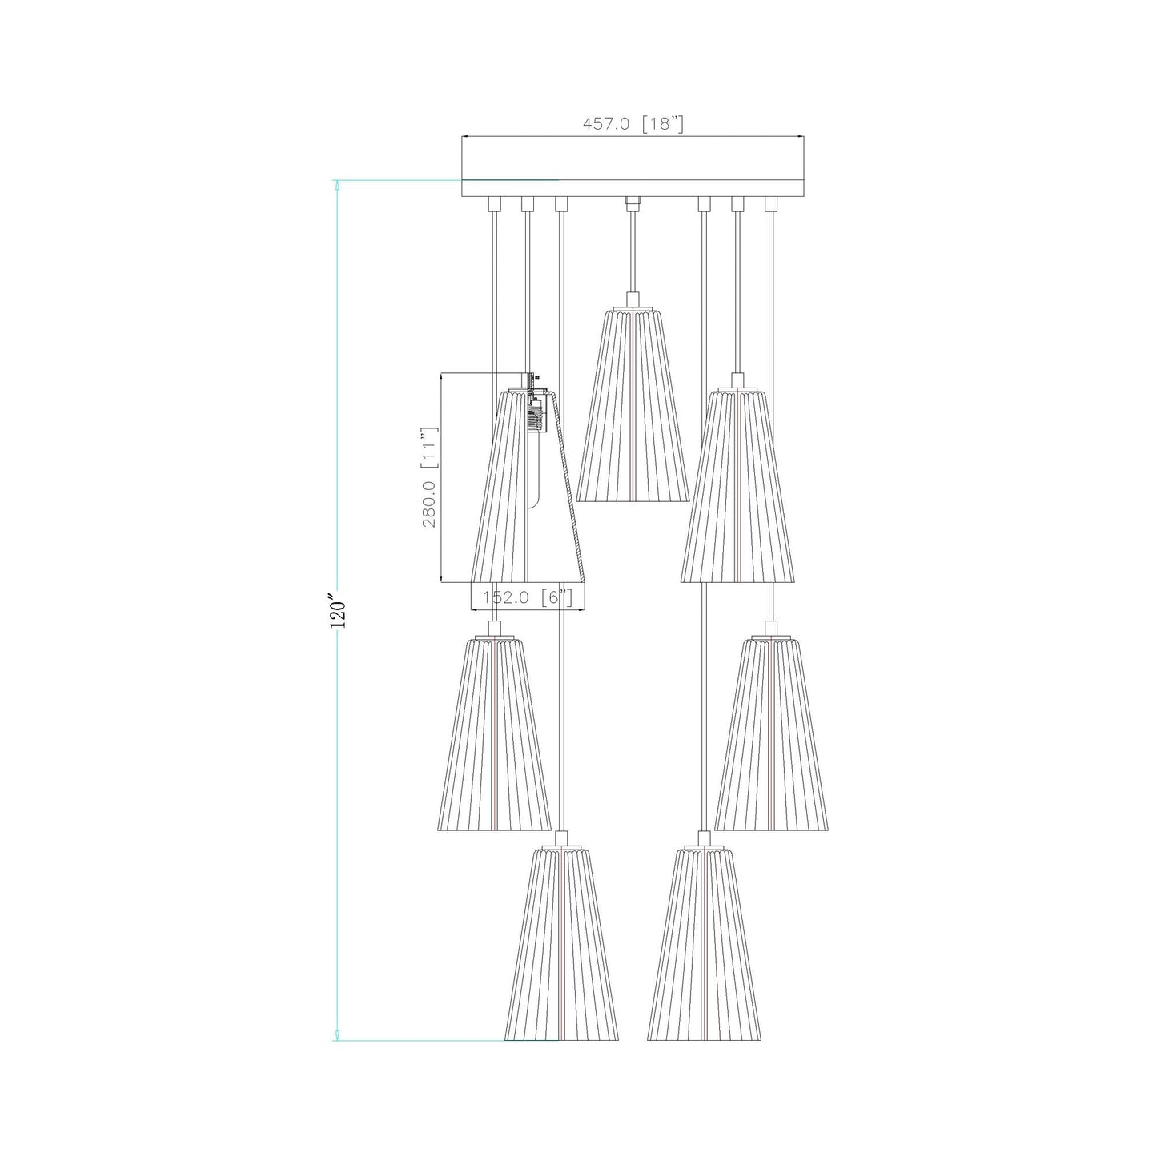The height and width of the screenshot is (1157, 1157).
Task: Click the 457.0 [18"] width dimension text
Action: [632, 124]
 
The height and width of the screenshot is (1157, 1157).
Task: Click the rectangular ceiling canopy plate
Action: [632, 167]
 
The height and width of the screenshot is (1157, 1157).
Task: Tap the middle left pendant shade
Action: [494, 733]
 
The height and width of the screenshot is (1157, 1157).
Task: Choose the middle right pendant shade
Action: [771, 733]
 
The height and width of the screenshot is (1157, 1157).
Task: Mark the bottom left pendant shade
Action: [561, 944]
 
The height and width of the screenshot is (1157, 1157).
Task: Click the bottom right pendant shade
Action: [704, 944]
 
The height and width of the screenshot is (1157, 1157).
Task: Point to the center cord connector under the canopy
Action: [633, 203]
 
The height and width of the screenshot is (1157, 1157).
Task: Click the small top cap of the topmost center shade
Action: [633, 301]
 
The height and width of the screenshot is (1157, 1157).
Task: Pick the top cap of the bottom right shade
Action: [704, 839]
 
